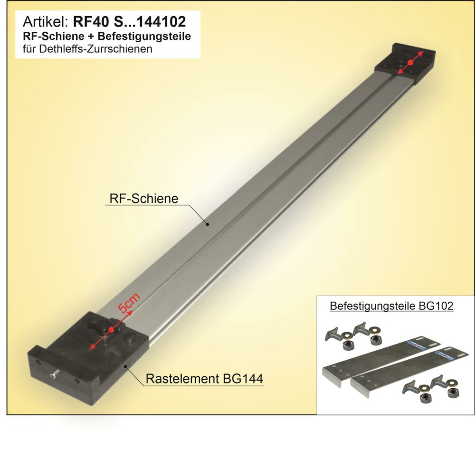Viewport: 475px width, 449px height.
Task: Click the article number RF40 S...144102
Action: [x=129, y=22]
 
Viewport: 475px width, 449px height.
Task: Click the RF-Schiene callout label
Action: [x=143, y=199]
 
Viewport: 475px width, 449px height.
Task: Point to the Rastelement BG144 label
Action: [x=204, y=379]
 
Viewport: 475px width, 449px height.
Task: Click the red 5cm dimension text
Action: [x=129, y=303]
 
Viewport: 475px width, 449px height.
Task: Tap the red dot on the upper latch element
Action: [x=410, y=62]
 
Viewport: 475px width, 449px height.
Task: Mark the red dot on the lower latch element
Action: [x=111, y=330]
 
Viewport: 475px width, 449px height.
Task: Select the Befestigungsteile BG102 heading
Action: [x=391, y=306]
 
